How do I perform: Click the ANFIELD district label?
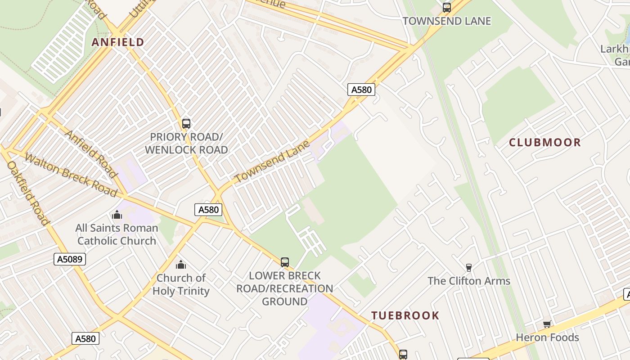click(118, 42)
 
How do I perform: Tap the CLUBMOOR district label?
click(545, 143)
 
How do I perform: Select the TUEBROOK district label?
click(405, 315)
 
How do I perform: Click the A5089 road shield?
click(70, 259)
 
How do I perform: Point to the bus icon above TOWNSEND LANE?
click(446, 8)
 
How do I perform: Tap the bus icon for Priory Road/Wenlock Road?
click(186, 123)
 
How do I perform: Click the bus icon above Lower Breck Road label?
click(284, 262)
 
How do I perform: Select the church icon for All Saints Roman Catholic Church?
click(117, 215)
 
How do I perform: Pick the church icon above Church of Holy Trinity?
click(181, 264)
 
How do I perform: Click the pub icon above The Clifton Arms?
click(469, 268)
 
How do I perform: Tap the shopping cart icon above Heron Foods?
click(547, 324)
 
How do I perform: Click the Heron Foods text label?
click(547, 337)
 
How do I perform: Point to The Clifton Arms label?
click(469, 281)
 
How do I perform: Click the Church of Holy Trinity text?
click(181, 284)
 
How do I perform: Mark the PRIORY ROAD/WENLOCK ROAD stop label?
click(186, 143)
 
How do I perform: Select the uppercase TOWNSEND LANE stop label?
click(446, 21)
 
